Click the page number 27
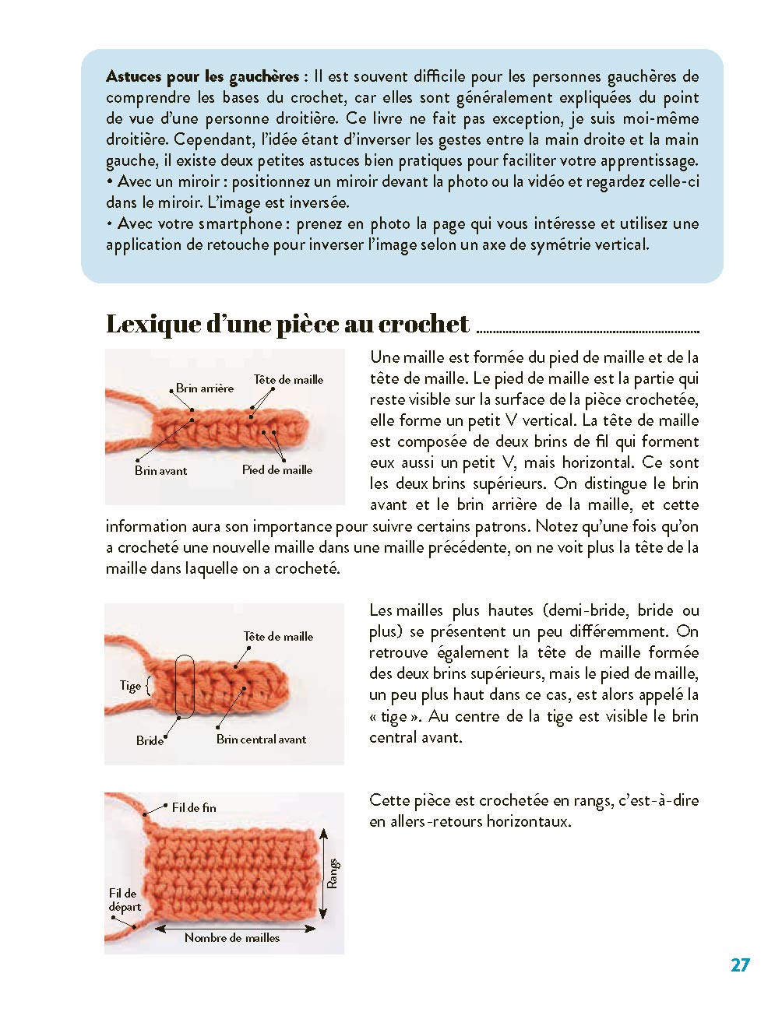click(x=740, y=965)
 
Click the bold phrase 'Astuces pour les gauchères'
click(x=203, y=77)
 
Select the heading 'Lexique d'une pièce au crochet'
click(x=287, y=324)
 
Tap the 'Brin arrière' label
click(x=204, y=388)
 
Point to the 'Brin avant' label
click(x=160, y=470)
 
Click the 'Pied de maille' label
click(x=277, y=469)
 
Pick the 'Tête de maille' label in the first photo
click(x=288, y=380)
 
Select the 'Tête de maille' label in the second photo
click(x=278, y=636)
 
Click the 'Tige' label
click(x=130, y=686)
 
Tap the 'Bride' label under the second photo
click(x=150, y=740)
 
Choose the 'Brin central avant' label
click(x=261, y=740)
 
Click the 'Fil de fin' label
click(x=194, y=807)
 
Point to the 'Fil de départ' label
click(x=125, y=900)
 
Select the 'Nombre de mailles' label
click(x=231, y=938)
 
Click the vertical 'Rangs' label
click(x=333, y=873)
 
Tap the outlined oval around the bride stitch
click(x=185, y=685)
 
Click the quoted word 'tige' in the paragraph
click(x=388, y=717)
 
